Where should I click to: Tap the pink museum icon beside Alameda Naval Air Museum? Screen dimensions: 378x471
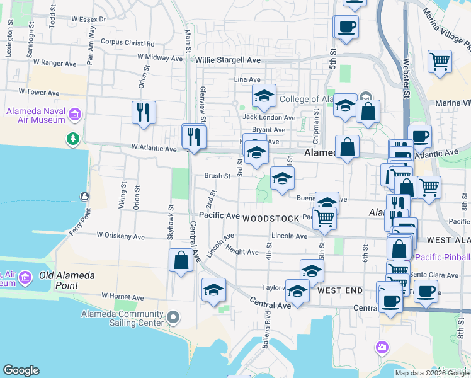point(76,115)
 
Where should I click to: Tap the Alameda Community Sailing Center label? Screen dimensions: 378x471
point(122,318)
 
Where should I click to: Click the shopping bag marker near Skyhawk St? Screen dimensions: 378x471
point(181,260)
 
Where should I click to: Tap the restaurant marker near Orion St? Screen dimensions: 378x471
point(144,112)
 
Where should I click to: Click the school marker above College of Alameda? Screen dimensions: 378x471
point(264,96)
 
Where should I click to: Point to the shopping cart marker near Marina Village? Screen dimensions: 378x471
point(440,62)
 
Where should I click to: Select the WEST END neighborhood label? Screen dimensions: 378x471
point(340,290)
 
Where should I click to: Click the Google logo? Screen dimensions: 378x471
point(21,370)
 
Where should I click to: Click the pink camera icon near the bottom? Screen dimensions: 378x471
point(382,347)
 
